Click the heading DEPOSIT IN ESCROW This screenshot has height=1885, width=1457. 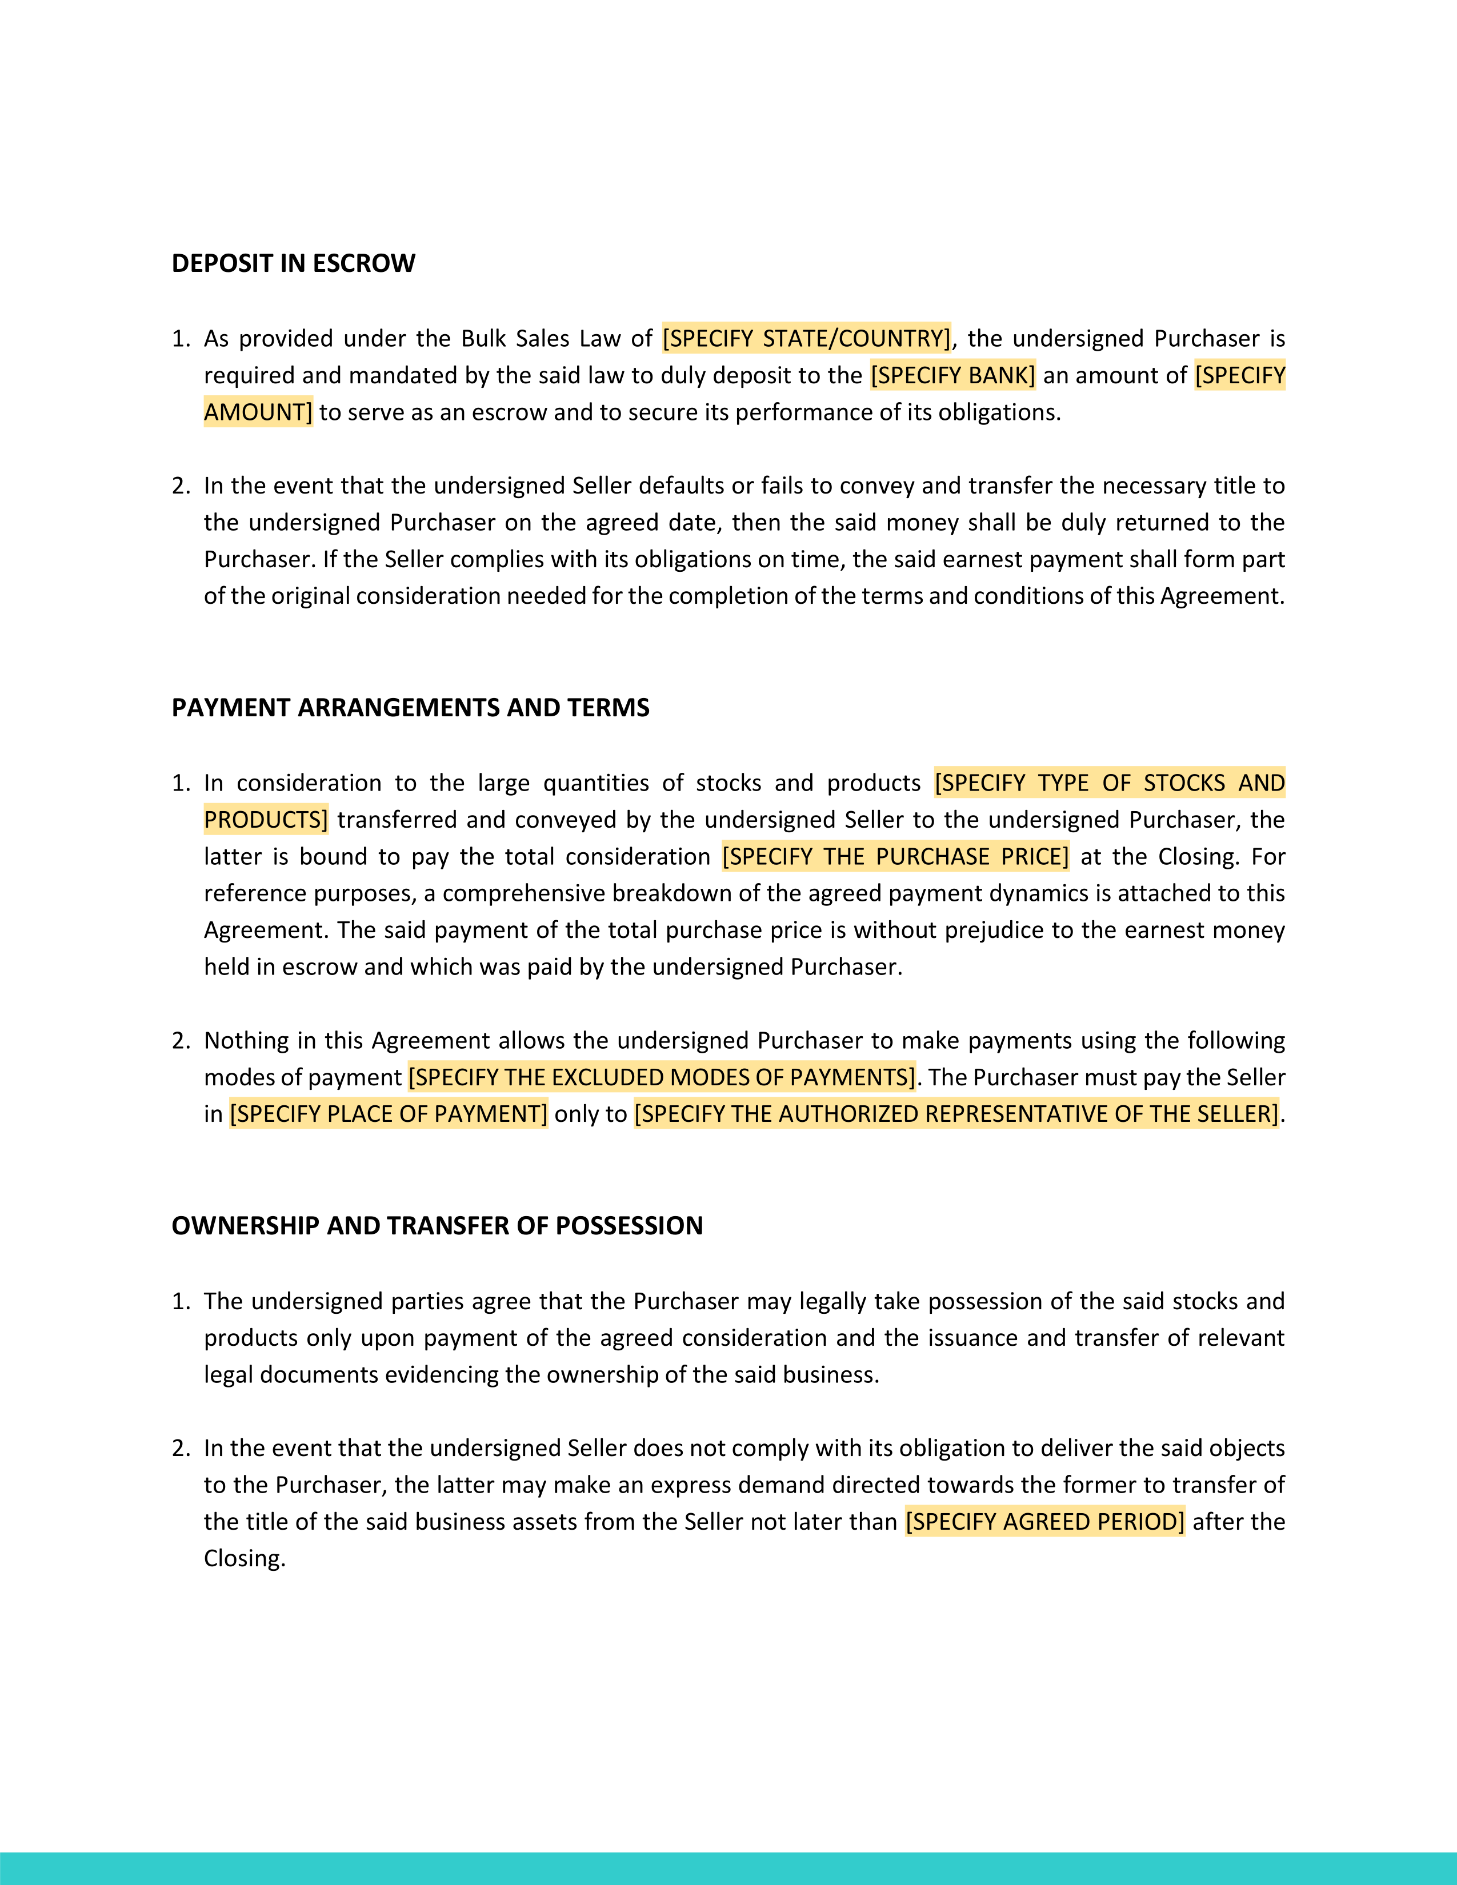coord(294,263)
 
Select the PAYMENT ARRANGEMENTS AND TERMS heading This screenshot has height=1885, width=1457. coord(410,708)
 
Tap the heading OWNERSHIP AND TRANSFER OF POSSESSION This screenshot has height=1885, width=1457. coord(437,1226)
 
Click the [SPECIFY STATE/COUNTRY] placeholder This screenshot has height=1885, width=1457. coord(806,338)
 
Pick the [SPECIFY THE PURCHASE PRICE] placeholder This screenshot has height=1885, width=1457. coord(895,857)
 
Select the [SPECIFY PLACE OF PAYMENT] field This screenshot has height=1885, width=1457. coord(389,1114)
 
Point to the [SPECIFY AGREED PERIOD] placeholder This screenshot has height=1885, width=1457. coord(1044,1522)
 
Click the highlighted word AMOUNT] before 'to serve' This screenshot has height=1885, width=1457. coord(258,412)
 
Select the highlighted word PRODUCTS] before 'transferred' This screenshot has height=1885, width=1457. coord(266,820)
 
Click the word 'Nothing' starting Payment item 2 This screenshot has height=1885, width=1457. coord(247,1041)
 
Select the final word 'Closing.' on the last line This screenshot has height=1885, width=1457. coord(245,1559)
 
